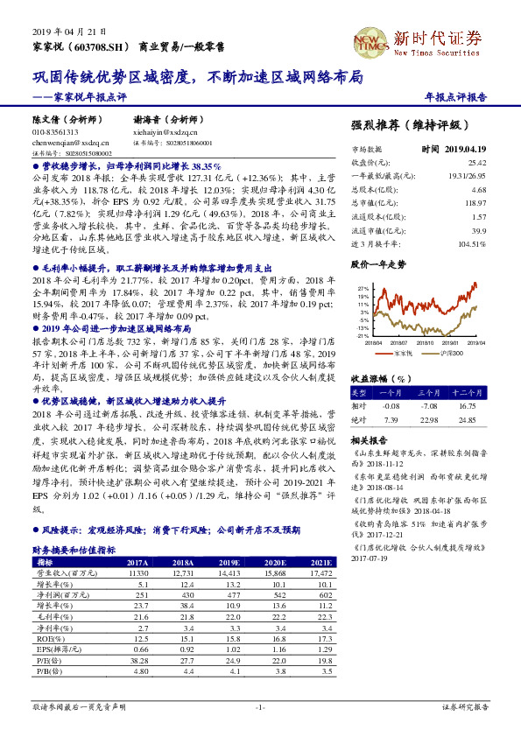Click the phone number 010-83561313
tap(55, 131)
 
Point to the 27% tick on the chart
tap(363, 287)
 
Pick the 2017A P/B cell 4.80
tap(140, 670)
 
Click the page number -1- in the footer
tap(260, 705)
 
